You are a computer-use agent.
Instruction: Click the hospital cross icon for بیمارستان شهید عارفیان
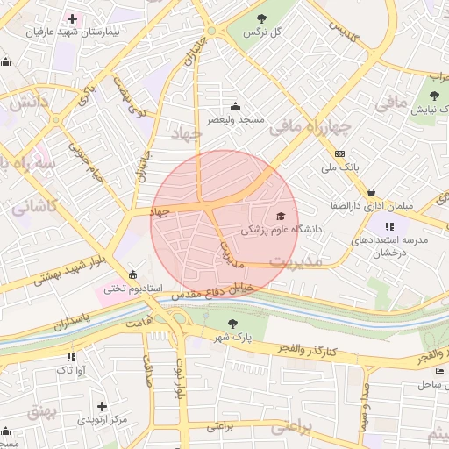pyautogui.click(x=72, y=18)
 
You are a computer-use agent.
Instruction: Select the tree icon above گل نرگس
pyautogui.click(x=260, y=18)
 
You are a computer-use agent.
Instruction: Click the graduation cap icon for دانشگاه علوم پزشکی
pyautogui.click(x=281, y=216)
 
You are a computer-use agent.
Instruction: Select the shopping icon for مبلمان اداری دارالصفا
pyautogui.click(x=372, y=192)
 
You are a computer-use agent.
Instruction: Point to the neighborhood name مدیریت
pyautogui.click(x=296, y=261)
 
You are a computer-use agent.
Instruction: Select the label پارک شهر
pyautogui.click(x=233, y=337)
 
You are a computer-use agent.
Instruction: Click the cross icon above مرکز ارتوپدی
pyautogui.click(x=102, y=406)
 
